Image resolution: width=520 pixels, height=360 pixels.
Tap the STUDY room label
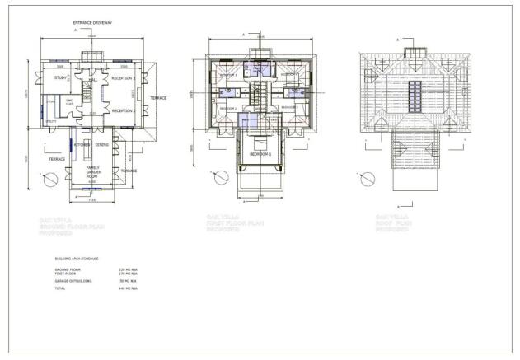(x=60, y=78)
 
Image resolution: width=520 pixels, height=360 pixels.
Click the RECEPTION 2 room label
(x=123, y=110)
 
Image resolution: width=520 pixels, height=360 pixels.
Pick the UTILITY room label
(x=51, y=120)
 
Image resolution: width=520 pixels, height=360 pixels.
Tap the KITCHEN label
(x=82, y=145)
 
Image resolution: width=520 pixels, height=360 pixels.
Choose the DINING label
(x=102, y=145)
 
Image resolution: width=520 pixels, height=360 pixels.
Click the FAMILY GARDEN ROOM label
(x=92, y=172)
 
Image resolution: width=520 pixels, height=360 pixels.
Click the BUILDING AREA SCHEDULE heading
(x=76, y=259)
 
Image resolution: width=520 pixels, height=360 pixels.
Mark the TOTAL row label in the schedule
(x=59, y=289)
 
